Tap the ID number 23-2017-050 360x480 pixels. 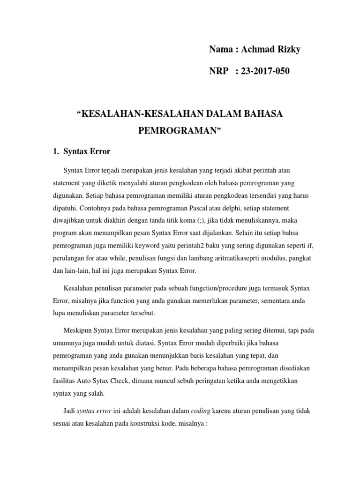tap(265, 71)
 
